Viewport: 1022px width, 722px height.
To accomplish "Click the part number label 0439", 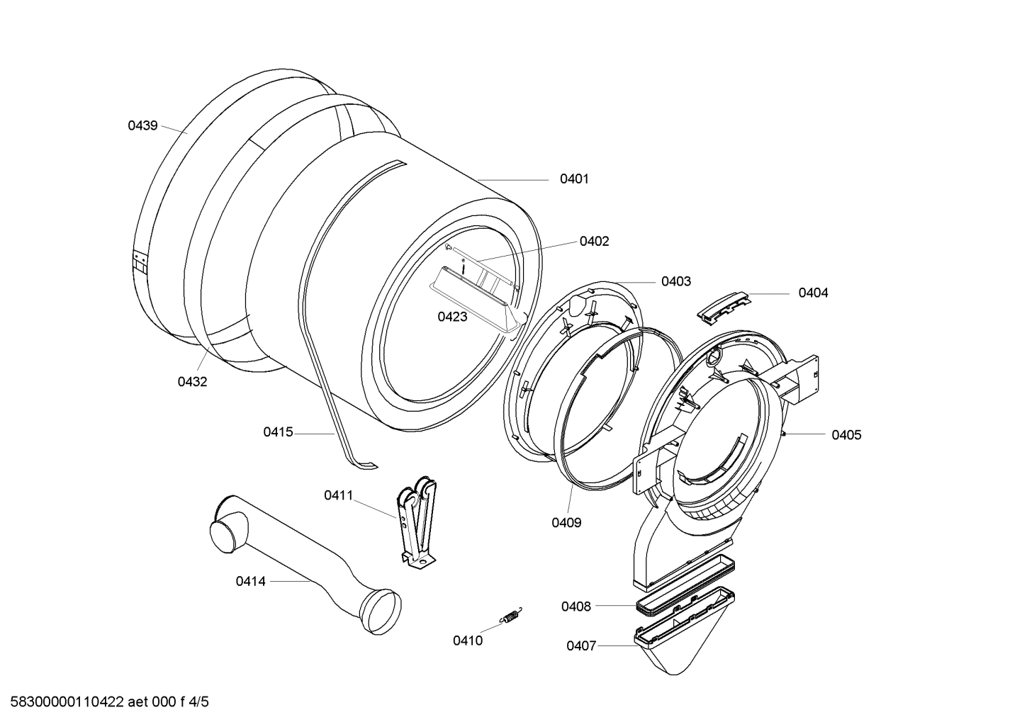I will click(x=142, y=126).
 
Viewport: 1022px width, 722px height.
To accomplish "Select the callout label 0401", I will click(x=574, y=179).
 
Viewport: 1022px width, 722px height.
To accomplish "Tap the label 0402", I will click(x=594, y=242).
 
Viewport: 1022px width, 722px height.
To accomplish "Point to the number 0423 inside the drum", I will click(x=452, y=317).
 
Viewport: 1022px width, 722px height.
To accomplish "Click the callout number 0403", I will click(x=675, y=282).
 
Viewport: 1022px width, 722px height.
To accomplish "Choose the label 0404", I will click(x=813, y=293).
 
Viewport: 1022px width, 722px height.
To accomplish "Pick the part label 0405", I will click(x=846, y=435).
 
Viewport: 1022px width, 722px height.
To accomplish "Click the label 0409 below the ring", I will click(x=566, y=523).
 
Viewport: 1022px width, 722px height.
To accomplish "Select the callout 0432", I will click(x=192, y=382).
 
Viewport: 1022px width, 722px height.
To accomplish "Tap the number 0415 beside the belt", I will click(x=278, y=432).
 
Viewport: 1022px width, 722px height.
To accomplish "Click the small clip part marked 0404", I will click(x=724, y=306).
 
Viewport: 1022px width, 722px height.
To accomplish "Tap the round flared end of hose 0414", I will click(x=380, y=610).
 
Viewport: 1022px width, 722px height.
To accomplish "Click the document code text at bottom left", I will click(x=106, y=703).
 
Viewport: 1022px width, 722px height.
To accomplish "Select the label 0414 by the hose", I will click(x=251, y=582).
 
